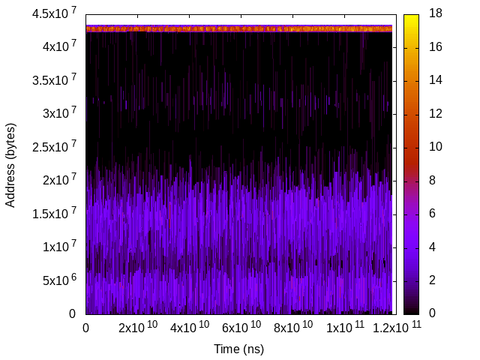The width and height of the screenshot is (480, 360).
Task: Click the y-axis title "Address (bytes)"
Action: (x=10, y=164)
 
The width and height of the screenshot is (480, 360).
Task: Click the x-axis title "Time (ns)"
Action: (x=238, y=349)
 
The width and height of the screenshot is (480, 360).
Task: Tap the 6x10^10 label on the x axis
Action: (x=238, y=327)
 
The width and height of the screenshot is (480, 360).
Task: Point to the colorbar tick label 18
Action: (x=435, y=13)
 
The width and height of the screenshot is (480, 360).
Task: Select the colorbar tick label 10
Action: (x=435, y=147)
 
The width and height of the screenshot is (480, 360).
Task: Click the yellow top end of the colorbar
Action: (x=411, y=18)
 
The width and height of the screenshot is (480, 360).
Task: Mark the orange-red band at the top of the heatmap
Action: (x=238, y=28)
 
